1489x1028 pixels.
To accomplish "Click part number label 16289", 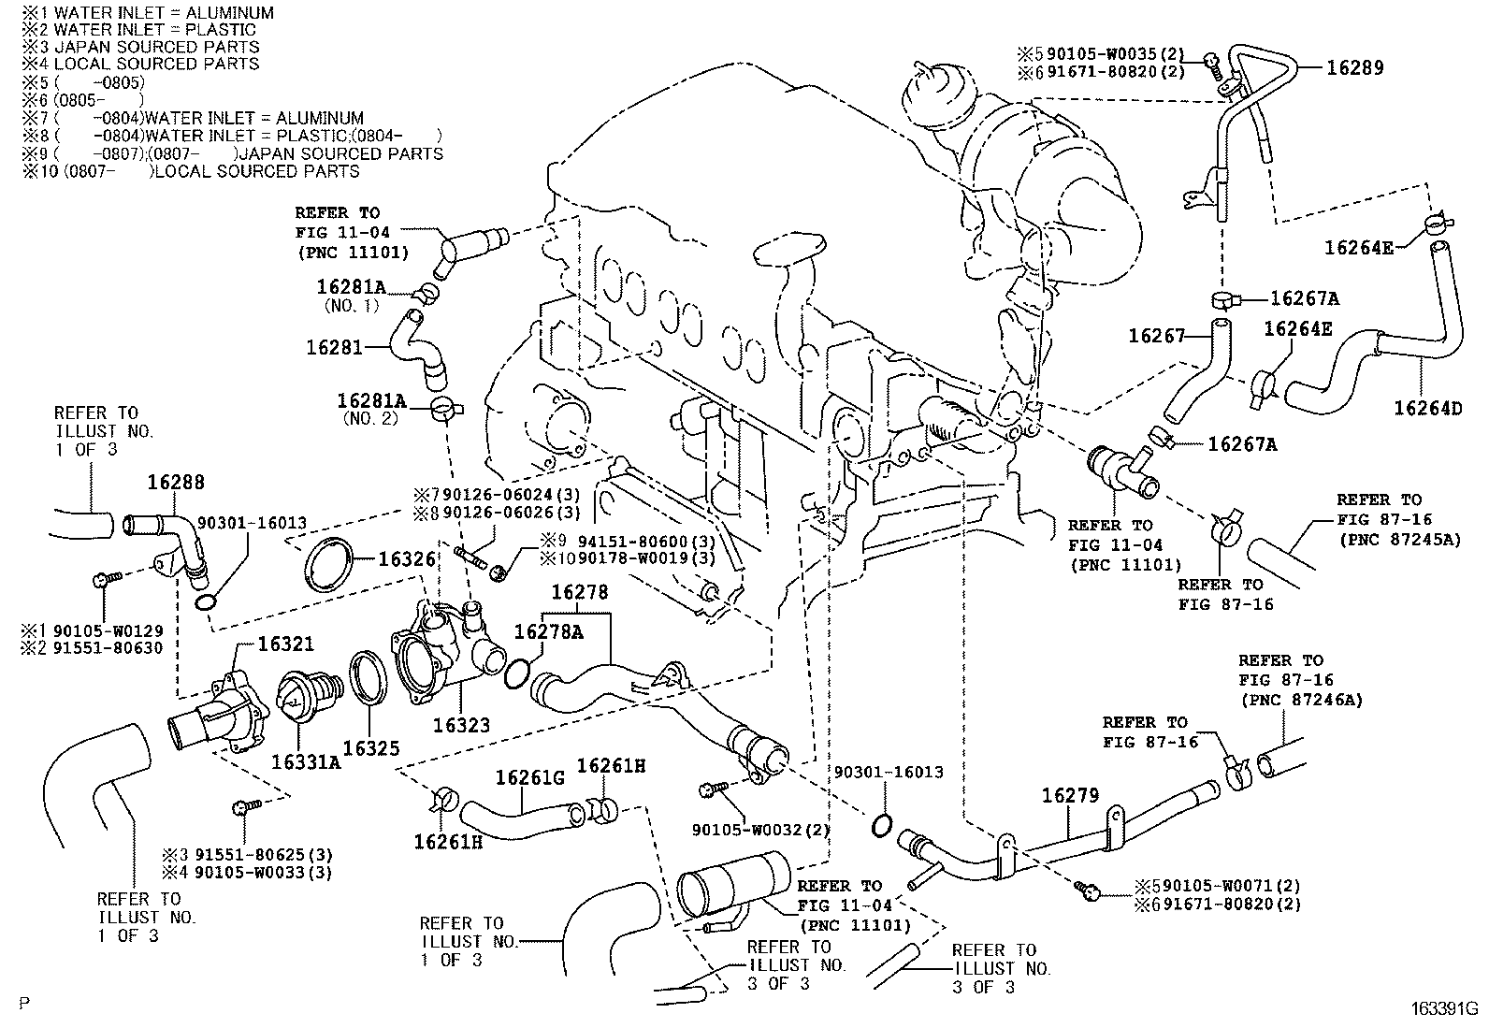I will pyautogui.click(x=1354, y=68).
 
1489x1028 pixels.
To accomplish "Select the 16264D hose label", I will pyautogui.click(x=1427, y=408).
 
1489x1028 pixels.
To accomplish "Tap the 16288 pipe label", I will pyautogui.click(x=176, y=483).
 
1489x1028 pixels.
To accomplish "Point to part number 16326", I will pyautogui.click(x=407, y=559).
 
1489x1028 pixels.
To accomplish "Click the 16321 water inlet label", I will pyautogui.click(x=286, y=644).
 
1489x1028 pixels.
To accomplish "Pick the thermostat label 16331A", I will pyautogui.click(x=306, y=761).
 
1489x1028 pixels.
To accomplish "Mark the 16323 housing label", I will pyautogui.click(x=460, y=725).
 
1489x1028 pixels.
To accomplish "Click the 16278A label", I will pyautogui.click(x=549, y=632).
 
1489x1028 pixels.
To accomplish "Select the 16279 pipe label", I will pyautogui.click(x=1070, y=795).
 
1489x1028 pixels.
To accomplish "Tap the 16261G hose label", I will pyautogui.click(x=529, y=777).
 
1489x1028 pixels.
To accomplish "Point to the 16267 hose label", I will pyautogui.click(x=1156, y=336).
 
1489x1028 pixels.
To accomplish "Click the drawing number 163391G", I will pyautogui.click(x=1443, y=1009).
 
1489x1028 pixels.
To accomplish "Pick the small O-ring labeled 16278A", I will pyautogui.click(x=517, y=672).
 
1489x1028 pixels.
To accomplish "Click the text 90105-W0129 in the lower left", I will pyautogui.click(x=115, y=630).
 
